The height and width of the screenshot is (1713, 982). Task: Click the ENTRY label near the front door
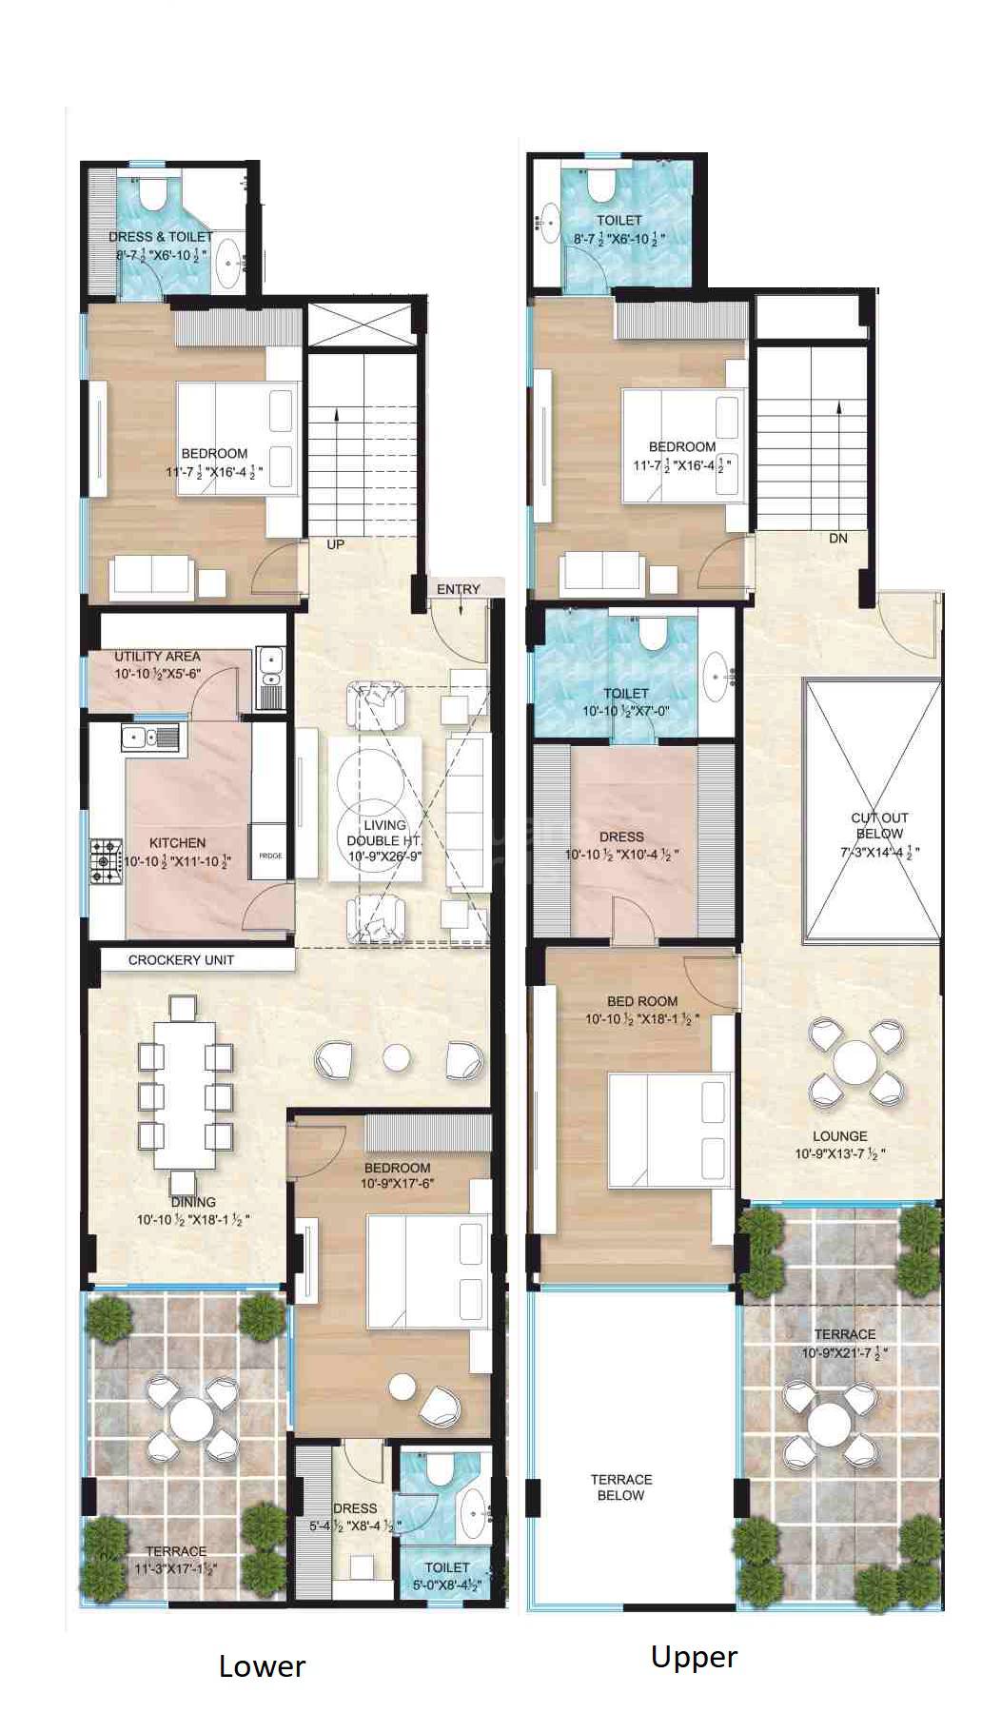(x=458, y=589)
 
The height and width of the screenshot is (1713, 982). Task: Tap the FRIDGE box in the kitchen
(x=269, y=855)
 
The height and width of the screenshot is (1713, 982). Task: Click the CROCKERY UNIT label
(x=181, y=960)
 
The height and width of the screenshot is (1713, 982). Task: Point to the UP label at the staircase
(x=335, y=544)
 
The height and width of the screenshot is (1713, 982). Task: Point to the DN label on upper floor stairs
(x=837, y=538)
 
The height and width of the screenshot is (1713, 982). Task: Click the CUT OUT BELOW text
(x=879, y=825)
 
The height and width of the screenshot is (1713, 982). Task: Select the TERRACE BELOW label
(x=621, y=1487)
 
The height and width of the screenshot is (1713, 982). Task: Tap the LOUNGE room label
(x=839, y=1136)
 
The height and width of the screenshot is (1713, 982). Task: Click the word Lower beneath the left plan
(x=262, y=1665)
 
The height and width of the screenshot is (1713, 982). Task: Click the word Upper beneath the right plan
(x=694, y=1656)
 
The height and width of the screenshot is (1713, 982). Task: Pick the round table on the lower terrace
(x=192, y=1420)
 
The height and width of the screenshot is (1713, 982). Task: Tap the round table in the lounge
(x=854, y=1061)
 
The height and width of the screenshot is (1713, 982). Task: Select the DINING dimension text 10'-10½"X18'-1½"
(x=193, y=1219)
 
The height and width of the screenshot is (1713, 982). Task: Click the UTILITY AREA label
(x=157, y=656)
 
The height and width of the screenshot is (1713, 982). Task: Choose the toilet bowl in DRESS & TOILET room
(x=153, y=195)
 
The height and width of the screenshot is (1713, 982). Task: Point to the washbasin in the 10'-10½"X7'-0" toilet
(x=716, y=678)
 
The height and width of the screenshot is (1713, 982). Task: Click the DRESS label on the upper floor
(x=621, y=837)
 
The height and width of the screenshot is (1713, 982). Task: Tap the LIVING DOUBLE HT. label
(x=383, y=833)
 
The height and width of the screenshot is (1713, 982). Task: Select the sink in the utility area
(x=269, y=660)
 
